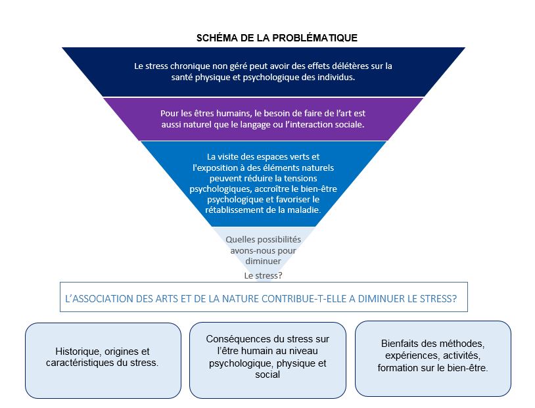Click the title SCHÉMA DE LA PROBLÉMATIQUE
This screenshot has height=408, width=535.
pyautogui.click(x=277, y=38)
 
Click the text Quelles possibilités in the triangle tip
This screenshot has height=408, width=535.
pyautogui.click(x=263, y=240)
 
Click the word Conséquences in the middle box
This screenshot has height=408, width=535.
pyautogui.click(x=233, y=339)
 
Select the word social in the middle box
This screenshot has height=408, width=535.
pyautogui.click(x=267, y=374)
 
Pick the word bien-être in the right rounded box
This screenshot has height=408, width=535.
pyautogui.click(x=468, y=367)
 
